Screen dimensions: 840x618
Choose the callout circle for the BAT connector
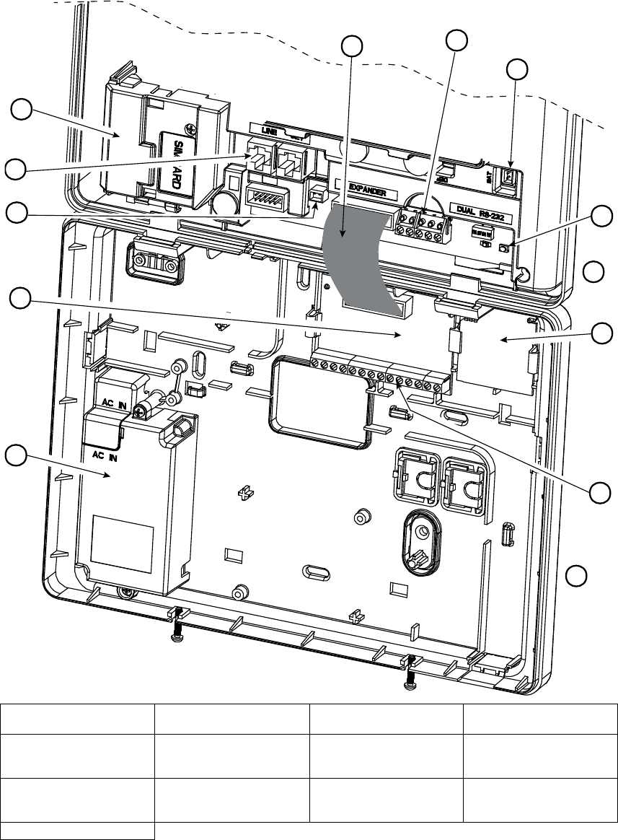point(518,70)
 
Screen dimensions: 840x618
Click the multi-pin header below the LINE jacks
point(263,196)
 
